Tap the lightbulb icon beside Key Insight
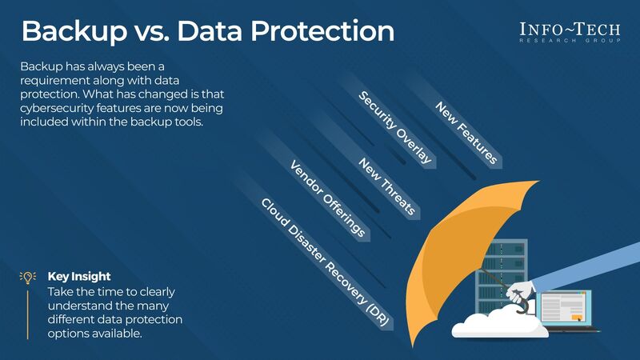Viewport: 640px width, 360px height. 28,277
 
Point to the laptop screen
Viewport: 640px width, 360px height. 565,308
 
